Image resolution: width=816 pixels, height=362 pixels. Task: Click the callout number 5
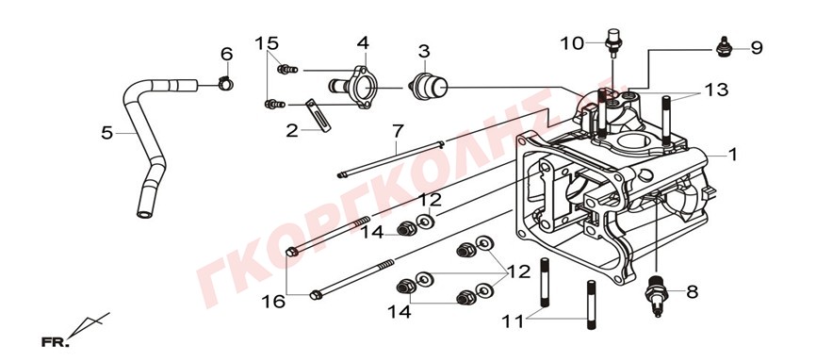(106, 133)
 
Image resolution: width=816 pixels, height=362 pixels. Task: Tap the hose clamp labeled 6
(226, 82)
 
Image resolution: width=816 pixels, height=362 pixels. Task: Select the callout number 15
(267, 43)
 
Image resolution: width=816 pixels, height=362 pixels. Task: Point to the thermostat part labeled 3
(429, 87)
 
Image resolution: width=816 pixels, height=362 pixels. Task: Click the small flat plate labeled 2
(318, 115)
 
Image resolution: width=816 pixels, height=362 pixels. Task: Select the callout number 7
(397, 131)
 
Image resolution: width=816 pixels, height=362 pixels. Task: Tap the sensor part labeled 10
(613, 41)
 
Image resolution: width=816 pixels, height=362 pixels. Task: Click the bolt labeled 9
(723, 47)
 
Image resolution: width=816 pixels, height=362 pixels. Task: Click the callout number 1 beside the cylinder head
(733, 155)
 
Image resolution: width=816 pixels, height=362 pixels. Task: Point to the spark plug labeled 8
(657, 296)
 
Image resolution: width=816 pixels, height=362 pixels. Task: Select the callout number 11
(514, 321)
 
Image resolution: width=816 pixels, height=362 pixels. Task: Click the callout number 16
(274, 301)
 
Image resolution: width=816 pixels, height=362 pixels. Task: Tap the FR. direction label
(55, 342)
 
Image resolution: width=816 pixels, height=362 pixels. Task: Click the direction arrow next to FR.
(89, 325)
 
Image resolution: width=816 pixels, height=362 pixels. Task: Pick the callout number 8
(693, 292)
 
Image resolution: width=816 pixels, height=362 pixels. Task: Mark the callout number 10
(572, 43)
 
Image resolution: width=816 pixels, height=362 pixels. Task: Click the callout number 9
(757, 48)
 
